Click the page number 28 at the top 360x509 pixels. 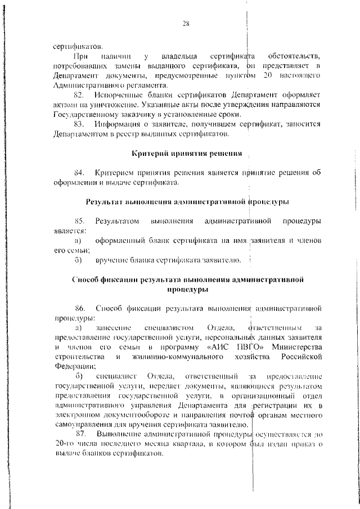[186, 23]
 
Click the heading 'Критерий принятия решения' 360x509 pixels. [187, 153]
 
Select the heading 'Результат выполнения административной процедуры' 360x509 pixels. [187, 201]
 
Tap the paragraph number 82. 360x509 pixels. [79, 95]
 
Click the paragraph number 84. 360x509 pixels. [79, 173]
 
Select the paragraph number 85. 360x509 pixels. [79, 220]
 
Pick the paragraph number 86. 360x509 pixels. [79, 308]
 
